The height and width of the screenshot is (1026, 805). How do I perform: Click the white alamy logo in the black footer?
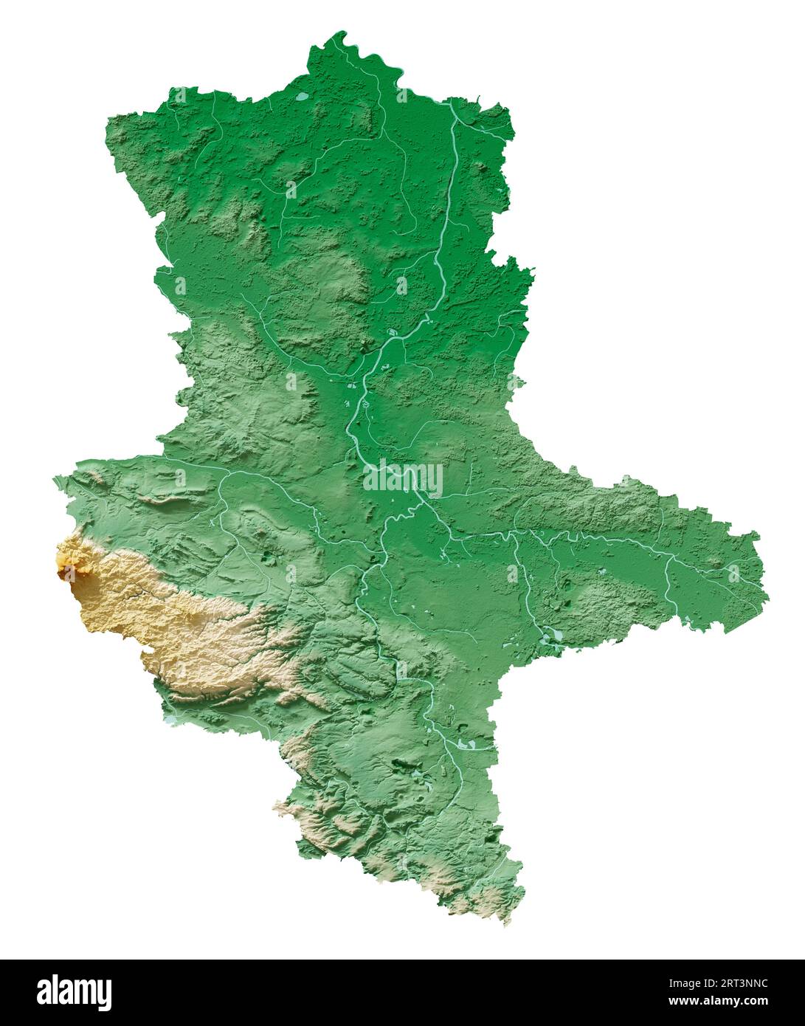pyautogui.click(x=74, y=993)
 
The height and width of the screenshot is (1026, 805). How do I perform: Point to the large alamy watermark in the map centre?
pyautogui.click(x=403, y=478)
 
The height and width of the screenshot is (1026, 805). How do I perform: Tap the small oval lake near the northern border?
pyautogui.click(x=302, y=96)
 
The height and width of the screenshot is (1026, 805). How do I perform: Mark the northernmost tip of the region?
pyautogui.click(x=340, y=32)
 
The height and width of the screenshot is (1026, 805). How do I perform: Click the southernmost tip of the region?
pyautogui.click(x=507, y=922)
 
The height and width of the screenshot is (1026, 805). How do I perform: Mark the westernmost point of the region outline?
pyautogui.click(x=54, y=480)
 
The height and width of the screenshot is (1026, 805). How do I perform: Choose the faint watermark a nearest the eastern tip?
pyautogui.click(x=733, y=573)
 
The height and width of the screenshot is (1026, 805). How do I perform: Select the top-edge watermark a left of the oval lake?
pyautogui.click(x=180, y=95)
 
